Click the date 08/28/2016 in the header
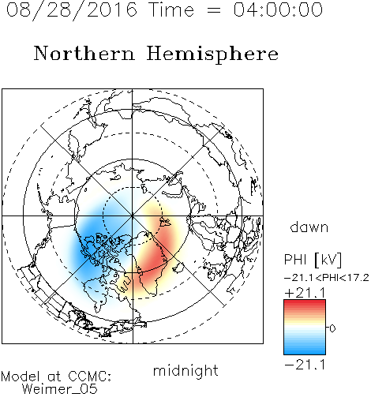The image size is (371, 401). coord(72,10)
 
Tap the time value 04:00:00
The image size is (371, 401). coord(278,9)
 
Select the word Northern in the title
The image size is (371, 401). coord(84,53)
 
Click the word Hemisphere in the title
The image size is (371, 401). coord(212,54)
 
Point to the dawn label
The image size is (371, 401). coord(309,227)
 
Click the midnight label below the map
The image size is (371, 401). coord(185,371)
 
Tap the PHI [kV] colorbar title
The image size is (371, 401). coord(313,260)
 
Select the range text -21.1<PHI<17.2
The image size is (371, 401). coord(327,278)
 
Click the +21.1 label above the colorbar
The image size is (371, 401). coord(305,293)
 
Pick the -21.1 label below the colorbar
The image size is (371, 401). coord(305,365)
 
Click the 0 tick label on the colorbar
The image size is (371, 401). coord(332,328)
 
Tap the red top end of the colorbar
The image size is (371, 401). coord(305,302)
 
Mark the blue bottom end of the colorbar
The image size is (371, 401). coord(305,352)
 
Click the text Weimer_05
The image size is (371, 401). coord(60,389)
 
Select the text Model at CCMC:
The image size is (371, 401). coord(56,377)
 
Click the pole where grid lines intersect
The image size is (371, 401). coord(133,215)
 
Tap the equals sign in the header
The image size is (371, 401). coord(213,10)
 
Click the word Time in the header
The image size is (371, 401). coord(171,9)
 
